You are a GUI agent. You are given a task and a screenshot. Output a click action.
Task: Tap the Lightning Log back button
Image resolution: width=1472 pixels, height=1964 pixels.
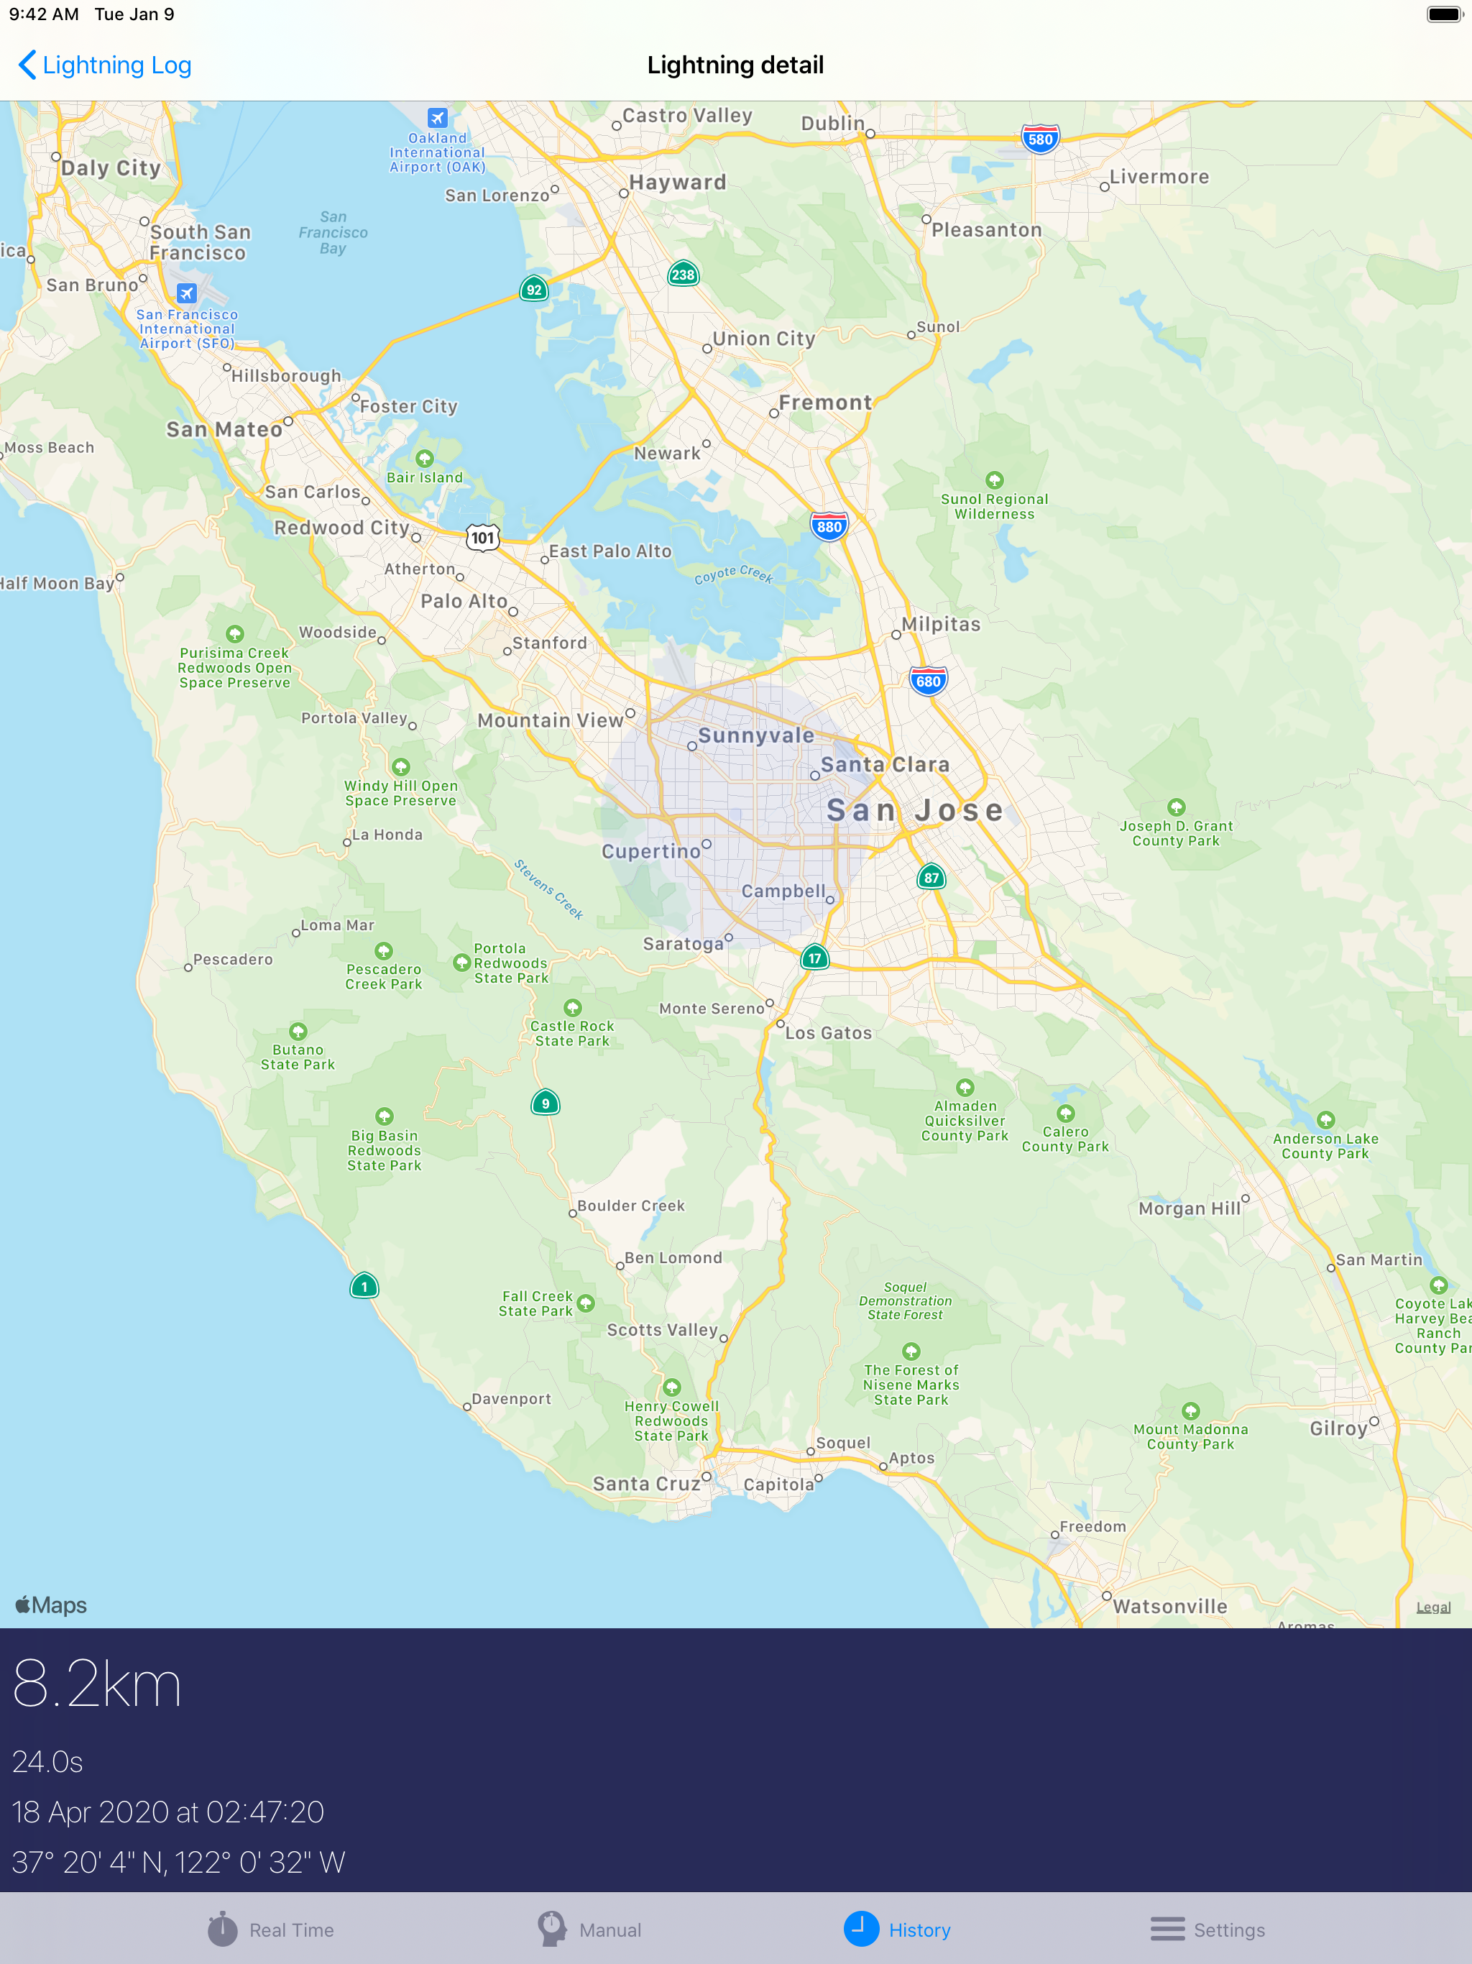click(x=104, y=65)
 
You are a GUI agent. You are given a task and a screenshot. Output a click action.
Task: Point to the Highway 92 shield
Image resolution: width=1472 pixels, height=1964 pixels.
click(x=533, y=290)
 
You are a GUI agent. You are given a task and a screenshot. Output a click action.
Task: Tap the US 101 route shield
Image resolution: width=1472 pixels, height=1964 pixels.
click(x=483, y=537)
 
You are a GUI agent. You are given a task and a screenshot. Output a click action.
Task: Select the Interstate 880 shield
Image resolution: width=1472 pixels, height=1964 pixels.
click(x=828, y=526)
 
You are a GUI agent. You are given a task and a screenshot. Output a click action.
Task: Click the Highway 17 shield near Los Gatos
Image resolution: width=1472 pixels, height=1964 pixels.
click(x=814, y=958)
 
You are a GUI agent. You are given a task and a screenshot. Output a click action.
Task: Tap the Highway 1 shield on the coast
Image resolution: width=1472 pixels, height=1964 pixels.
click(x=364, y=1287)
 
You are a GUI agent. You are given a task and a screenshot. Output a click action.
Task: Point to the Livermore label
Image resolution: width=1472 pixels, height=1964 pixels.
click(x=1159, y=177)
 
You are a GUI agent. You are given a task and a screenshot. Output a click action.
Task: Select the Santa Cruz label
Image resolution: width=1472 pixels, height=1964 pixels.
click(x=646, y=1484)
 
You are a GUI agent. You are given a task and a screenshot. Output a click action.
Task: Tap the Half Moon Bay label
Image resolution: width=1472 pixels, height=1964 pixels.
click(x=57, y=583)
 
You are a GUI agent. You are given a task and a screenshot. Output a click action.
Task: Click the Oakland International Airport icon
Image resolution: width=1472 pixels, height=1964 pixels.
click(x=437, y=118)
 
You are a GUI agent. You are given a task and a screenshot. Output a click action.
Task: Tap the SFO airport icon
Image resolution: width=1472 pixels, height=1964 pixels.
click(x=186, y=293)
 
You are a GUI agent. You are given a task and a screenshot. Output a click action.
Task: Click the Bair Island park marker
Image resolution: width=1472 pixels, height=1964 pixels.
click(x=424, y=458)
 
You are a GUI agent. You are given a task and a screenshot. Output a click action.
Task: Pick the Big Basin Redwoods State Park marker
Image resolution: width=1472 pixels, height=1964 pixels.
click(x=384, y=1116)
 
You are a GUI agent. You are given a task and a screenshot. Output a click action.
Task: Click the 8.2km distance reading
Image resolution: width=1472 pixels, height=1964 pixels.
click(x=97, y=1684)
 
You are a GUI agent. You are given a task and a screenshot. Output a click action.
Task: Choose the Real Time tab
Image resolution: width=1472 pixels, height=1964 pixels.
click(x=271, y=1929)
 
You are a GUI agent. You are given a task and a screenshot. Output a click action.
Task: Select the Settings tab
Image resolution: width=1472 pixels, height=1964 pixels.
click(x=1207, y=1929)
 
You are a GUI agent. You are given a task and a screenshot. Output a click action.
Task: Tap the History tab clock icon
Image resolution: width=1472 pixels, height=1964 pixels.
click(x=860, y=1929)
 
